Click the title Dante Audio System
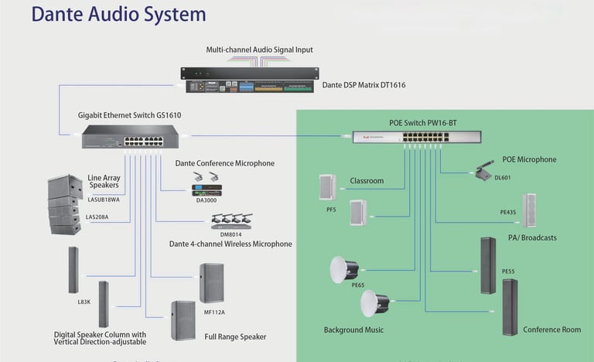tap(118, 15)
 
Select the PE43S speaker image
tap(530, 210)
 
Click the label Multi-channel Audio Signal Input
tap(259, 50)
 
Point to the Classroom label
tap(367, 180)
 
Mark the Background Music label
tap(353, 330)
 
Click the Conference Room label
tap(551, 330)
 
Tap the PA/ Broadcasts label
tap(531, 237)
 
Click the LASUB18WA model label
tap(105, 200)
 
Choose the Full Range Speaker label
tap(235, 336)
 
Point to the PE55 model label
tap(508, 272)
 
